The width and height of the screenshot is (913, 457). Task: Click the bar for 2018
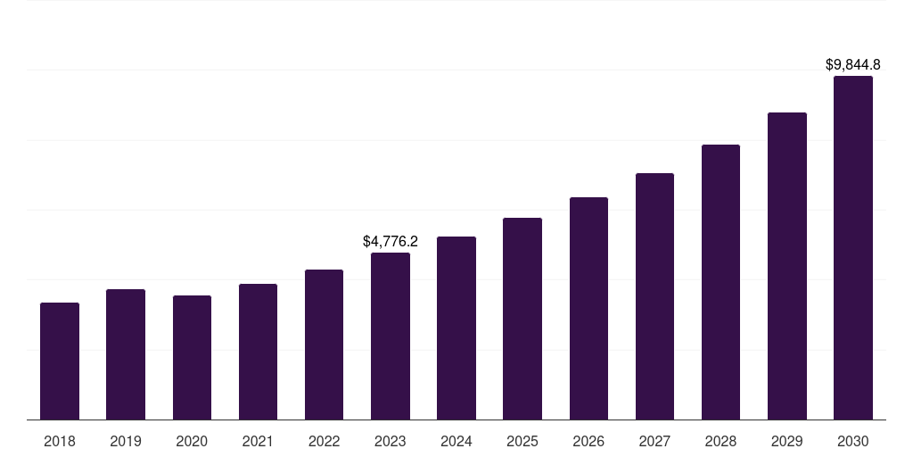pyautogui.click(x=60, y=361)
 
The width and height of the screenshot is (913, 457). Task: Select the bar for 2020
pyautogui.click(x=192, y=358)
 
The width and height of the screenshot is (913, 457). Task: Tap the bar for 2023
pyautogui.click(x=391, y=337)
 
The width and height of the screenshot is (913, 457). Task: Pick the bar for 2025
pyautogui.click(x=522, y=319)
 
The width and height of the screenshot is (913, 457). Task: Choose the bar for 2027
pyautogui.click(x=654, y=296)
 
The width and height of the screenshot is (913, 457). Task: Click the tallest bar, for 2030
pyautogui.click(x=853, y=248)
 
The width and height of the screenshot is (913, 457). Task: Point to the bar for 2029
pyautogui.click(x=787, y=266)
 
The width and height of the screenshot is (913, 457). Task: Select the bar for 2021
pyautogui.click(x=258, y=352)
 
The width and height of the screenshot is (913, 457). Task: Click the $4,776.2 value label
pyautogui.click(x=391, y=241)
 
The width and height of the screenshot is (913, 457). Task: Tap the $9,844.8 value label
pyautogui.click(x=853, y=64)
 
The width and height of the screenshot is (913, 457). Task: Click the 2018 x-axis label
pyautogui.click(x=60, y=441)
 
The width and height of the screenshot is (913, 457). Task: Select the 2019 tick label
pyautogui.click(x=126, y=441)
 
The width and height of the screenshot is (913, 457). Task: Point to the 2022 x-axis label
pyautogui.click(x=324, y=441)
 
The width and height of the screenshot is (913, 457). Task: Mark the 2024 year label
pyautogui.click(x=456, y=441)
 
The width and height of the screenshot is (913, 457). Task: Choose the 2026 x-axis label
pyautogui.click(x=588, y=441)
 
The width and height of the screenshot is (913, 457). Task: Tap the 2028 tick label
pyautogui.click(x=720, y=441)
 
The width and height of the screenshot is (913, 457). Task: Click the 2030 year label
pyautogui.click(x=853, y=441)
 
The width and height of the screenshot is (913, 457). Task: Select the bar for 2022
pyautogui.click(x=324, y=345)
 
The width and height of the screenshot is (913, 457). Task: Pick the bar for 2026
pyautogui.click(x=588, y=309)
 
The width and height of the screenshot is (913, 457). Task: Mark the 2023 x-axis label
pyautogui.click(x=391, y=441)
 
